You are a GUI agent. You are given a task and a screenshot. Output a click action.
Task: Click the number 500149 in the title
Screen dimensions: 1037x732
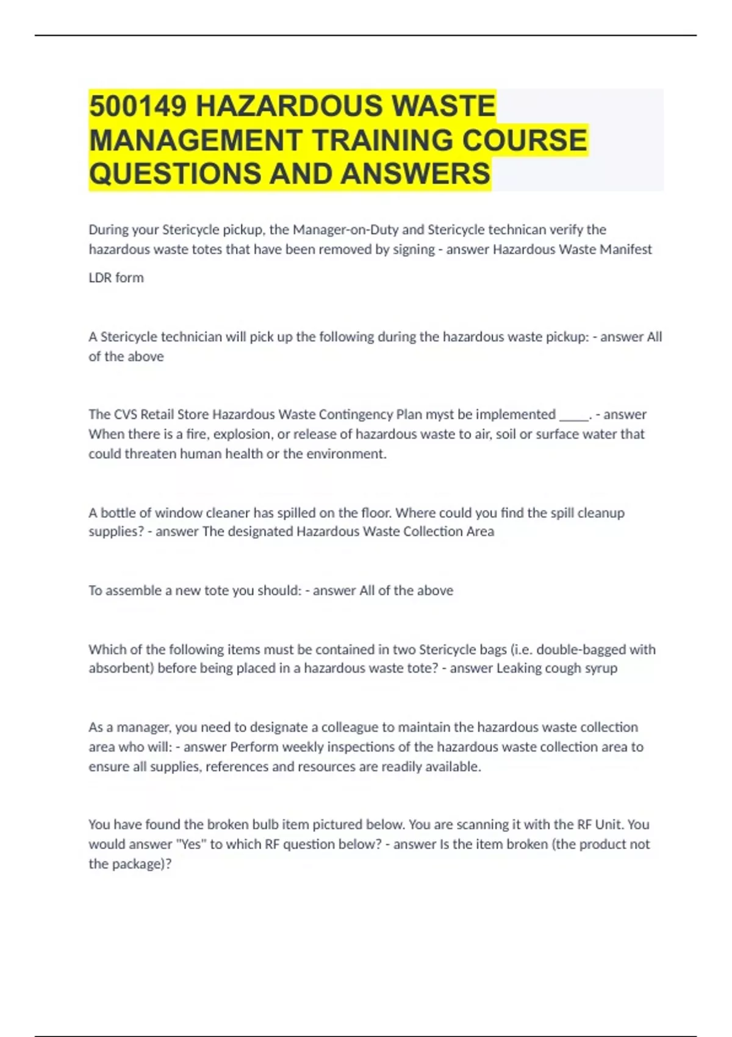click(x=138, y=106)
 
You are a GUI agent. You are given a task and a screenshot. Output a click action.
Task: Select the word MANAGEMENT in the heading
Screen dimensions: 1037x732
click(x=195, y=140)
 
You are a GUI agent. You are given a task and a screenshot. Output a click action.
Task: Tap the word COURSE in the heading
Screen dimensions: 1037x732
click(x=524, y=140)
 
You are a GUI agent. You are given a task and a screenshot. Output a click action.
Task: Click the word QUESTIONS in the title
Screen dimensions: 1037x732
click(x=174, y=174)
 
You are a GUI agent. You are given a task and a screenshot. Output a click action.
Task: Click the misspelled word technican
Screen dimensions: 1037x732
click(x=515, y=230)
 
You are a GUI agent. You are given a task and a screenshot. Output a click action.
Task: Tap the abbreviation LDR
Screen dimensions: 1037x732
click(x=100, y=278)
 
